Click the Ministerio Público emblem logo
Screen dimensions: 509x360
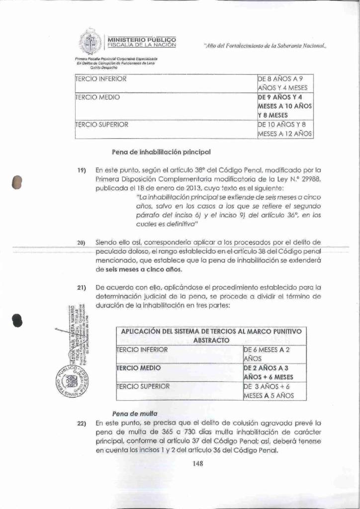pyautogui.click(x=90, y=43)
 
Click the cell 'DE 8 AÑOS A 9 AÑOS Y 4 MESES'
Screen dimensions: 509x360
pyautogui.click(x=283, y=83)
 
